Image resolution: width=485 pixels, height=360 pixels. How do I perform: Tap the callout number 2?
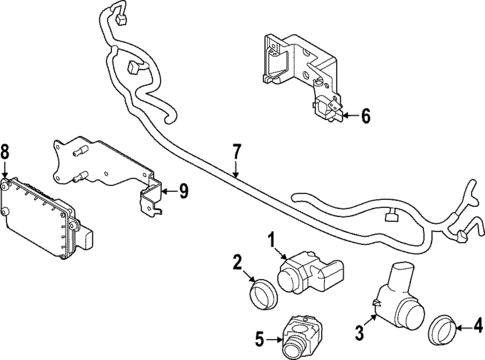pos(237,263)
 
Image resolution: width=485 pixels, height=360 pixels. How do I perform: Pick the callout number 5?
pos(259,339)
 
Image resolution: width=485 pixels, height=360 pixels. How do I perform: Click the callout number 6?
pos(366,116)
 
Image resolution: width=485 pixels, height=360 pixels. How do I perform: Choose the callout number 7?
pos(236,151)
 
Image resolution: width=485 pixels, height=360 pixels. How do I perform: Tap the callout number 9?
pos(183,190)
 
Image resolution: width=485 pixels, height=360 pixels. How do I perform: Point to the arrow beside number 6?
pos(345,116)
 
